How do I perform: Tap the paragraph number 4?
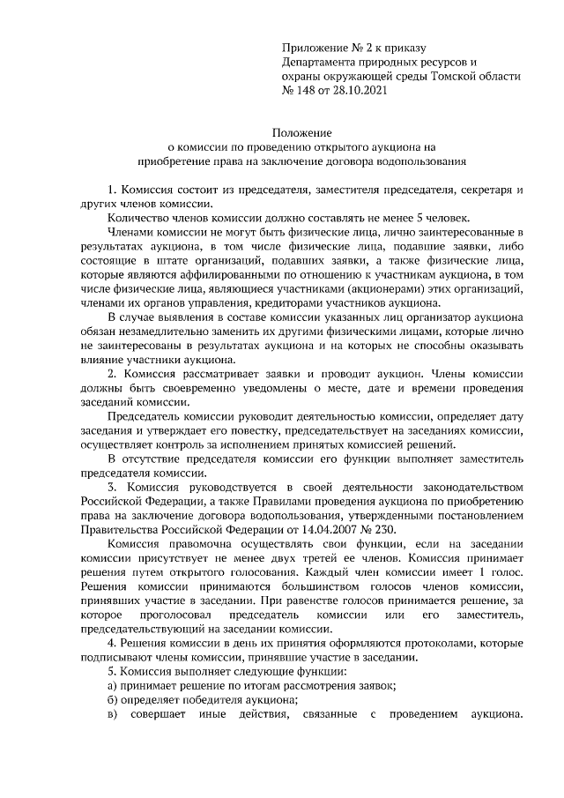[x=110, y=643]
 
